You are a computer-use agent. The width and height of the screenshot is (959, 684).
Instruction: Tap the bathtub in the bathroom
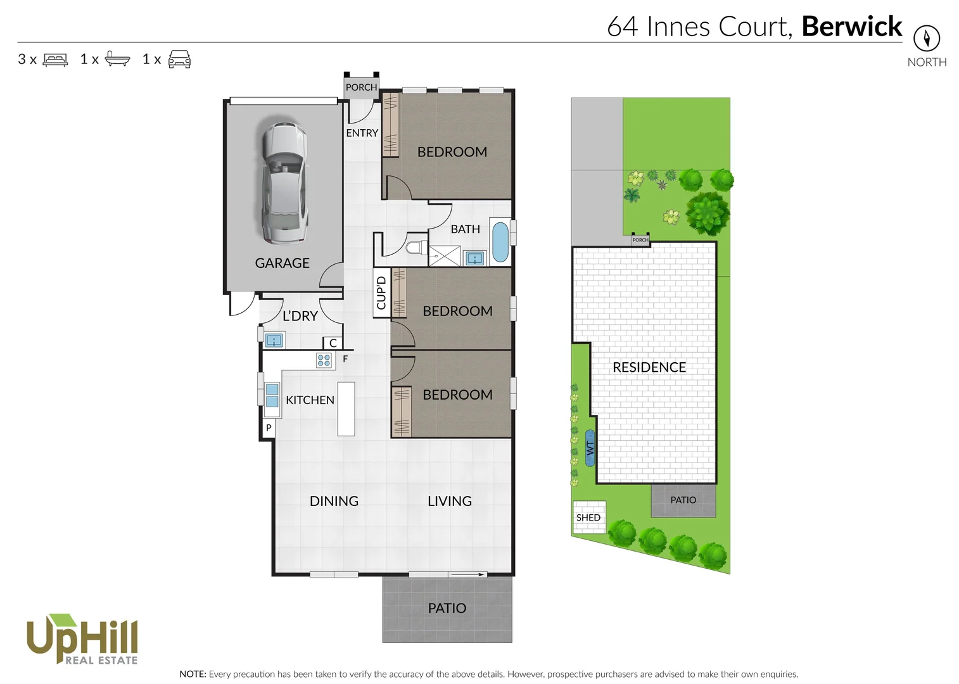[x=500, y=241]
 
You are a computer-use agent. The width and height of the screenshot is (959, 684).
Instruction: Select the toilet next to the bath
[x=416, y=247]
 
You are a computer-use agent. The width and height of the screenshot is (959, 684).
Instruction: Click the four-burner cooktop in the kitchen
[x=324, y=360]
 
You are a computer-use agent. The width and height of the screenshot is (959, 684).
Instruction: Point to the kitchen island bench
[x=346, y=408]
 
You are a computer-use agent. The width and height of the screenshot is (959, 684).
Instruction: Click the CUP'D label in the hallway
[x=381, y=293]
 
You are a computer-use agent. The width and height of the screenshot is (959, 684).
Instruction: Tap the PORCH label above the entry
[x=361, y=87]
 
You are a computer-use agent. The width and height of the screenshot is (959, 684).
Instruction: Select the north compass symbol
[x=926, y=39]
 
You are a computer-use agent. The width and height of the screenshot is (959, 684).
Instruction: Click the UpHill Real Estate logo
[x=82, y=639]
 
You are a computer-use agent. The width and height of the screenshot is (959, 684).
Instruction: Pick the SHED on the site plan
[x=588, y=517]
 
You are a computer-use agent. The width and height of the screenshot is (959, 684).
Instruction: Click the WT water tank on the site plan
[x=590, y=448]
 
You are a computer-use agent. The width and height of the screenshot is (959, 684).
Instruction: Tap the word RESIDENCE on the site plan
[x=649, y=367]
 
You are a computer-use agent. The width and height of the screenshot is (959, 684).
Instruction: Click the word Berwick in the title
[x=851, y=27]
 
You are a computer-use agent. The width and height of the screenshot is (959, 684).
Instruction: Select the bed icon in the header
[x=55, y=60]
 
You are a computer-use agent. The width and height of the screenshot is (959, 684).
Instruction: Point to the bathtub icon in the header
[x=117, y=59]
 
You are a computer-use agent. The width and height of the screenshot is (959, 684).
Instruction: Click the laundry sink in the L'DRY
[x=274, y=341]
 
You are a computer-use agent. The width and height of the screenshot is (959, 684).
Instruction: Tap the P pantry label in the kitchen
[x=269, y=428]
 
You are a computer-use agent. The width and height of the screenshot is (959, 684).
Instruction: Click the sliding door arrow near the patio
[x=469, y=574]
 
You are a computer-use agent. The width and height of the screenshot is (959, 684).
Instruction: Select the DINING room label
[x=334, y=501]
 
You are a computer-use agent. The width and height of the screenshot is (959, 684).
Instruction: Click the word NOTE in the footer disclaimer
[x=193, y=674]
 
